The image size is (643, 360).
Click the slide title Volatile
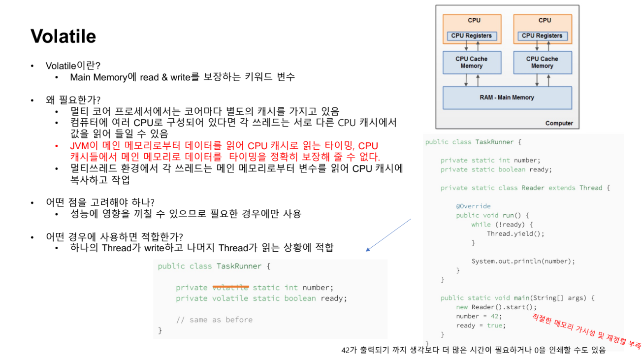click(x=63, y=36)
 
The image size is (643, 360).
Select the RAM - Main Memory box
click(x=507, y=98)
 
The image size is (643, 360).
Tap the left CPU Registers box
click(x=471, y=35)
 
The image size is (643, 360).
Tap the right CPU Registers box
click(x=542, y=35)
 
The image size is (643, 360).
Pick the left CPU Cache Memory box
click(x=471, y=63)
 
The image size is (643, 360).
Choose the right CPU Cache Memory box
click(x=542, y=63)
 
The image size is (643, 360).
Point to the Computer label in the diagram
click(x=559, y=123)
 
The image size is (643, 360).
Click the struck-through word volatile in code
click(x=230, y=288)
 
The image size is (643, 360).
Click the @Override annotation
click(x=473, y=206)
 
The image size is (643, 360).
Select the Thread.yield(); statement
click(x=515, y=233)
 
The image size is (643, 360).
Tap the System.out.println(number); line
click(x=523, y=261)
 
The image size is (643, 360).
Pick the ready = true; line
click(x=481, y=326)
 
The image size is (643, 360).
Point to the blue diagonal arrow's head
click(x=367, y=250)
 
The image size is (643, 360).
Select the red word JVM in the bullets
click(x=79, y=146)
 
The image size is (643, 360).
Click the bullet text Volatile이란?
click(x=73, y=65)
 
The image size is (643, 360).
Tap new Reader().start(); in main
click(x=489, y=307)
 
